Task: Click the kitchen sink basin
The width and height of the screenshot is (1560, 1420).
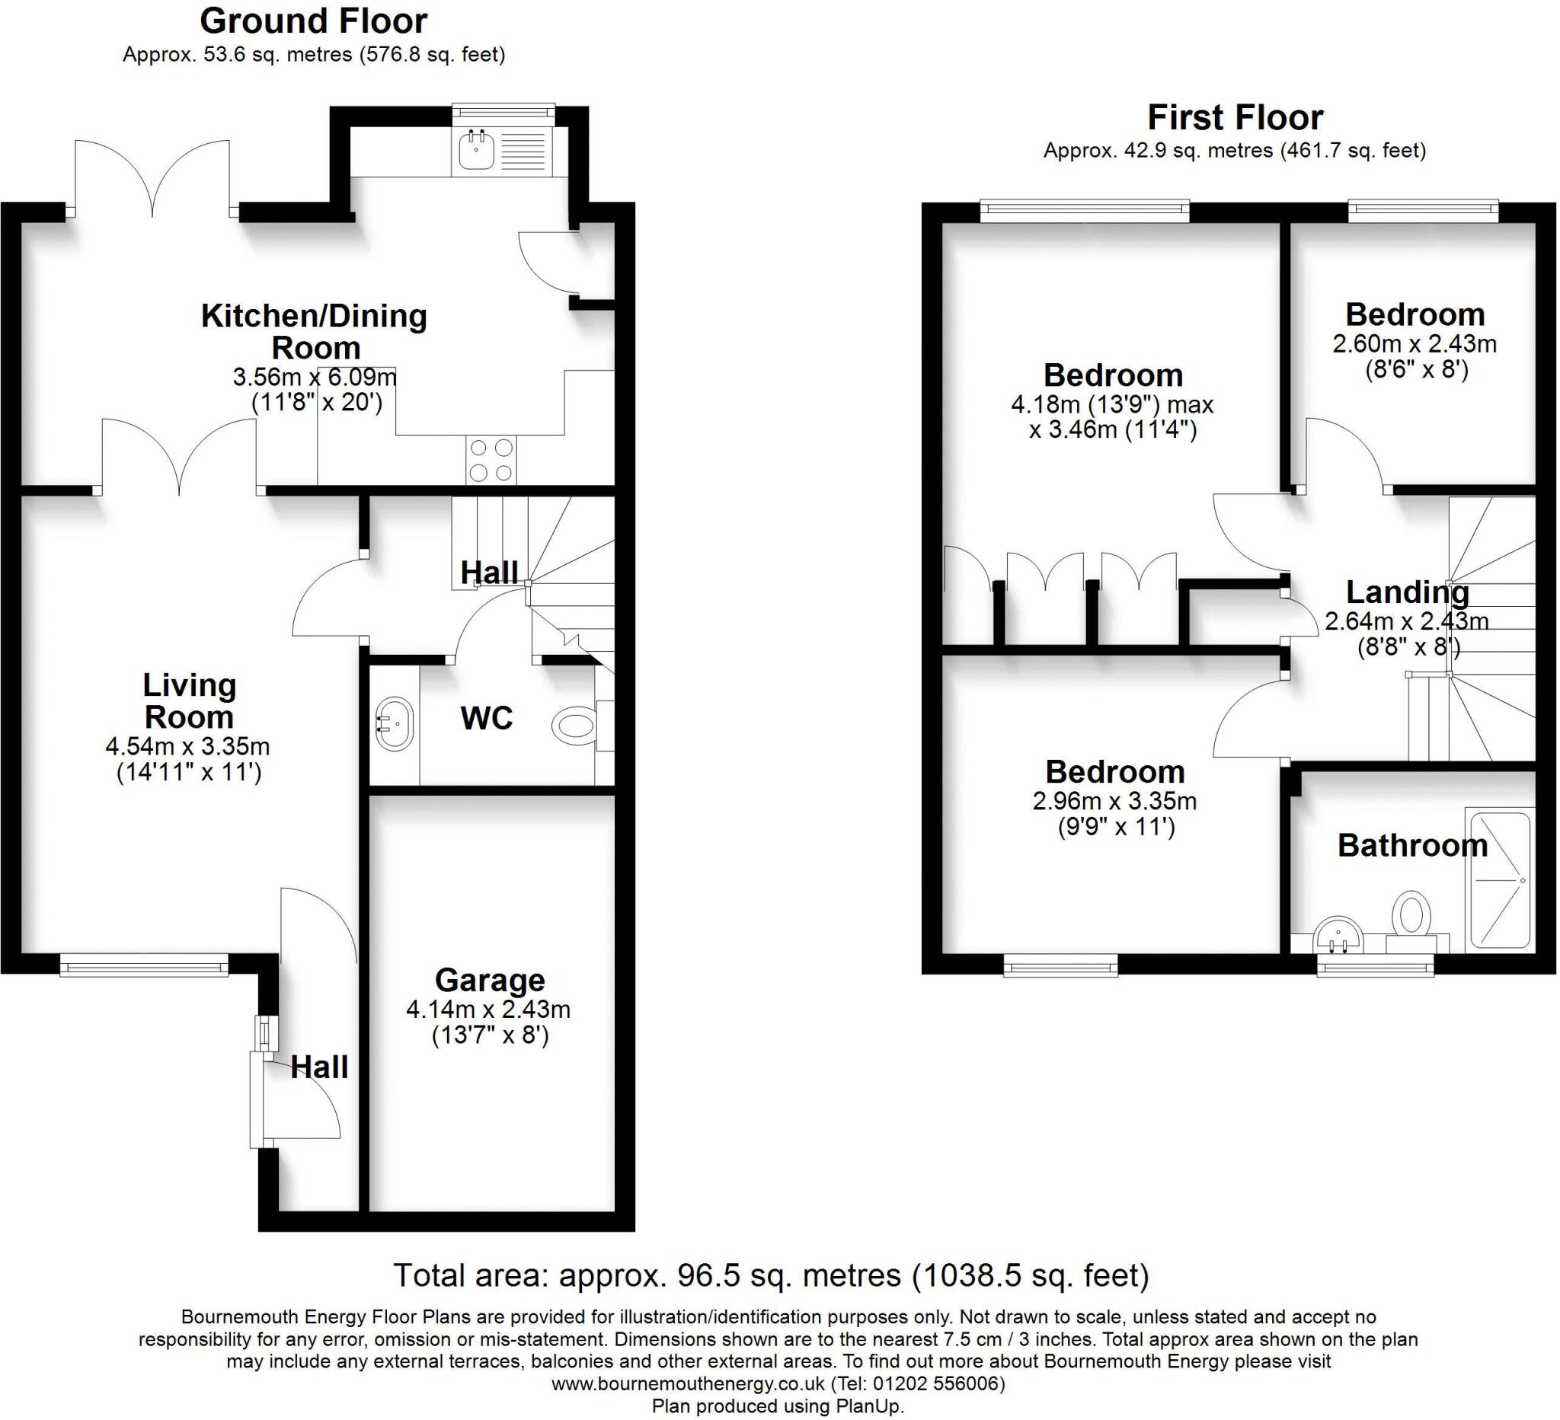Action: pyautogui.click(x=476, y=149)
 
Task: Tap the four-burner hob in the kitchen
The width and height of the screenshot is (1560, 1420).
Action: pyautogui.click(x=491, y=460)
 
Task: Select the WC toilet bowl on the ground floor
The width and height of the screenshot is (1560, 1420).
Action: pyautogui.click(x=574, y=726)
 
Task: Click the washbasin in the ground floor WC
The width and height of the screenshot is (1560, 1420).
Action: pyautogui.click(x=395, y=724)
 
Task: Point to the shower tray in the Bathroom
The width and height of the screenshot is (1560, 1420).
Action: pyautogui.click(x=1500, y=879)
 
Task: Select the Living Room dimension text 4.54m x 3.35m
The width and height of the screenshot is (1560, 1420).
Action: pyautogui.click(x=187, y=746)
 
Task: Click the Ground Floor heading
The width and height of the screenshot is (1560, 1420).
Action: pyautogui.click(x=313, y=21)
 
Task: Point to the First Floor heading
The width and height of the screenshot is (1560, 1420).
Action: pyautogui.click(x=1235, y=117)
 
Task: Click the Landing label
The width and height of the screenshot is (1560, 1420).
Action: pyautogui.click(x=1408, y=592)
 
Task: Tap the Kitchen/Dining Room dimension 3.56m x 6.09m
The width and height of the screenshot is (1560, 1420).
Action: pyautogui.click(x=314, y=378)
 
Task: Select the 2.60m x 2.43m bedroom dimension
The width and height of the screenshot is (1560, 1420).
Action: pyautogui.click(x=1415, y=343)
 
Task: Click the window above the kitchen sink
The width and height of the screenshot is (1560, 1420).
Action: pyautogui.click(x=503, y=112)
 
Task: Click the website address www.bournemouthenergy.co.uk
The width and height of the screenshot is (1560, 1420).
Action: pyautogui.click(x=687, y=1383)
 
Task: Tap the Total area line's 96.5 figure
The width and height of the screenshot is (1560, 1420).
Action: pyautogui.click(x=702, y=1275)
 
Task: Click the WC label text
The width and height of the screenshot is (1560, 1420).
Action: pyautogui.click(x=487, y=719)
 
